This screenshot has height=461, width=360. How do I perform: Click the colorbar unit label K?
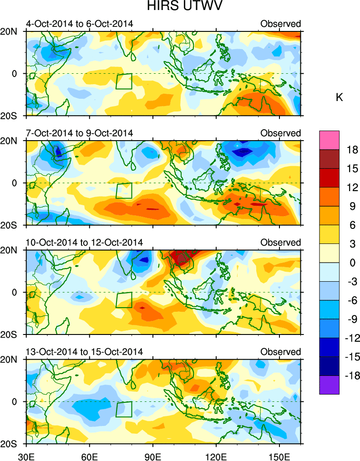click(x=339, y=97)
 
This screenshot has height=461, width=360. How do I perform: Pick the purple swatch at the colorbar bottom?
click(x=330, y=385)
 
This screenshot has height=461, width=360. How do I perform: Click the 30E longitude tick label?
click(x=26, y=455)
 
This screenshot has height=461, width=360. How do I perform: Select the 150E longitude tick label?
click(x=279, y=455)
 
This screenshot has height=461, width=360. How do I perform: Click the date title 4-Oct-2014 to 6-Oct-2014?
click(x=80, y=24)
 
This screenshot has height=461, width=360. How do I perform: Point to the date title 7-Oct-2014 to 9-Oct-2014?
click(x=80, y=133)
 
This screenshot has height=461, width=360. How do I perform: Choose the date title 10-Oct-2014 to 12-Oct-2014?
click(x=84, y=242)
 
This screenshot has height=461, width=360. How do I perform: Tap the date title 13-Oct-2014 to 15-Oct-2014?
click(x=84, y=352)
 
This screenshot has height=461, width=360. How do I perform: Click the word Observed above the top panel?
click(x=280, y=24)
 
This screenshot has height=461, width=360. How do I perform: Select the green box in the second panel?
click(x=124, y=190)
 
